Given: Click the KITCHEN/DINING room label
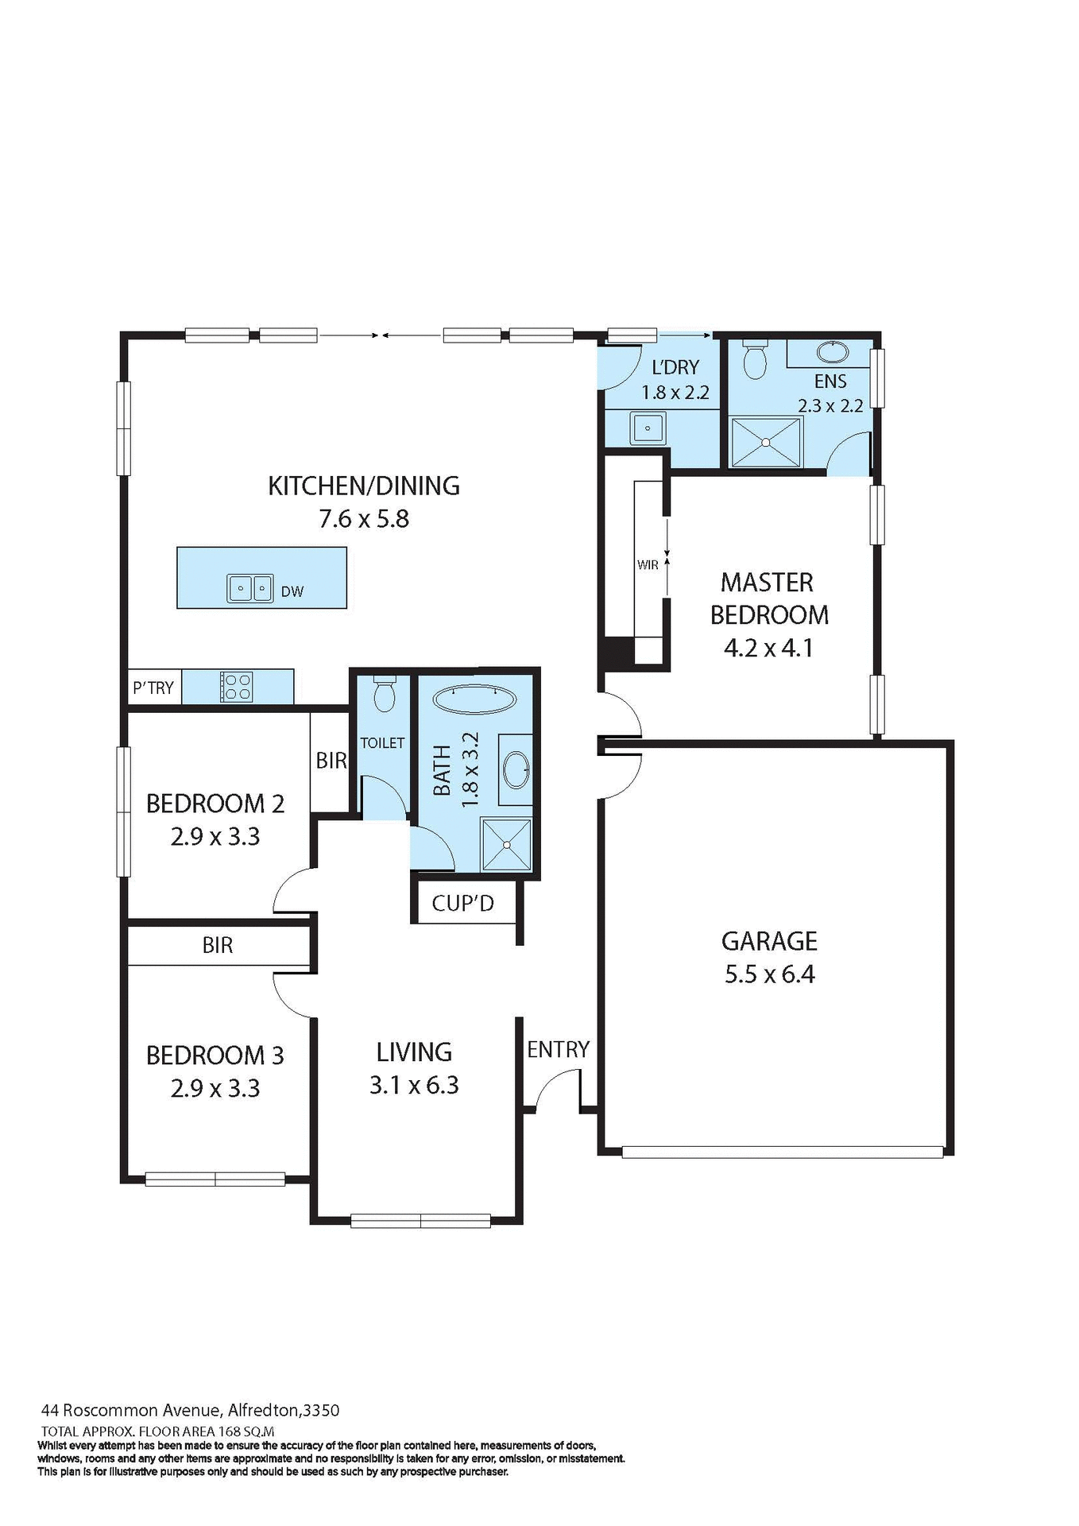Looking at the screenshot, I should coord(364,486).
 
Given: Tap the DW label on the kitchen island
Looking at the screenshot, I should coord(292,591).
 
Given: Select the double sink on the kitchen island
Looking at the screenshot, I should coord(250,588).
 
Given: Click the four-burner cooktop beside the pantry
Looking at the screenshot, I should coord(236,687).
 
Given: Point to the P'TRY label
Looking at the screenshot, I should coord(153,688).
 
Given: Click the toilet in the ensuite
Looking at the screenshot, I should coord(753,362).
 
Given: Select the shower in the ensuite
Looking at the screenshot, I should coord(766,442).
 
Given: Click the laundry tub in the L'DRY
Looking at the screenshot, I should coord(648,428).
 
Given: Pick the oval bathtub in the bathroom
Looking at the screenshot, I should coord(474,699).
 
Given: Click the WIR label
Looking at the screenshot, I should coord(648,565).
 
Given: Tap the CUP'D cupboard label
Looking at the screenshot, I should coord(462,904).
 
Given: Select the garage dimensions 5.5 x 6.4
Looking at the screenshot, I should coord(769,974).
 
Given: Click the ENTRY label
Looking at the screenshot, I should coord(558,1050).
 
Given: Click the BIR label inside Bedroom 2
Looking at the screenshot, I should coord(331,761).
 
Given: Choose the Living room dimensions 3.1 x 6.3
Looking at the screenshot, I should coord(414,1085).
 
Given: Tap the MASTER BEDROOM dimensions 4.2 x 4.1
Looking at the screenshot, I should coord(768,648).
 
